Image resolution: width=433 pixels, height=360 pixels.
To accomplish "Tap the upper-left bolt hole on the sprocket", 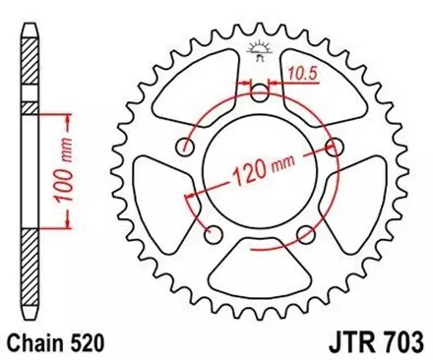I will [185, 148].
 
